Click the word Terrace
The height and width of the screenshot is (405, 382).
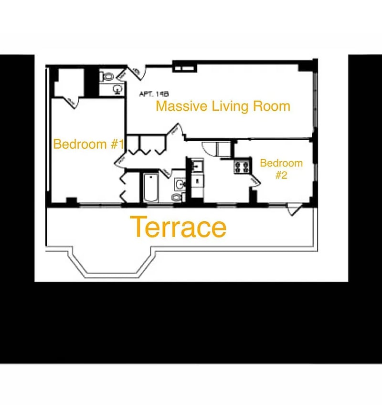click(x=178, y=228)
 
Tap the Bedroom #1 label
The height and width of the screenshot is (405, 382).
click(x=89, y=144)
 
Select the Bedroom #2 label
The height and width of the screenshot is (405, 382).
click(x=281, y=169)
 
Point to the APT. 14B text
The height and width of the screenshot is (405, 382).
click(x=154, y=94)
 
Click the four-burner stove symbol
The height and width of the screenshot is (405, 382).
click(x=242, y=166)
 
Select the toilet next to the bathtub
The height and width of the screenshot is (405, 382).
click(x=177, y=197)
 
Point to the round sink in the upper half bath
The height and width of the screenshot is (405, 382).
click(x=117, y=88)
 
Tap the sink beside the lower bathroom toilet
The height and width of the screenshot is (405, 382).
click(x=180, y=184)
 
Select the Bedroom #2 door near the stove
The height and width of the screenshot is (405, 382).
click(x=253, y=180)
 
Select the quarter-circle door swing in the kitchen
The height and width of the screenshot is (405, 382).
click(x=209, y=148)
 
